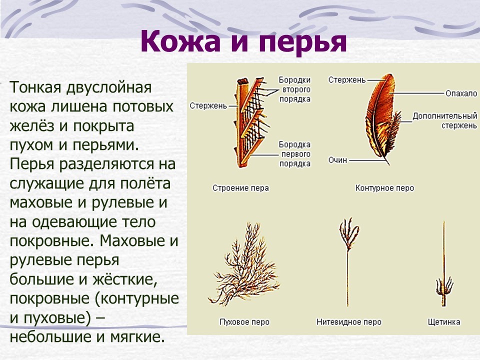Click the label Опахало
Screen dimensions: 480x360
point(461,93)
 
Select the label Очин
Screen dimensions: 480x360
point(337,160)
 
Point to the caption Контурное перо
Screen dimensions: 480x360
point(384,188)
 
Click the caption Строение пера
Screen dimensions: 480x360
point(240,188)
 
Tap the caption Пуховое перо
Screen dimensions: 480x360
point(244,322)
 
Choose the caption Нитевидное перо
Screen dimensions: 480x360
point(349,322)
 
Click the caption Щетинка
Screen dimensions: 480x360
point(444,322)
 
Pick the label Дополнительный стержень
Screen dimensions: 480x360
point(444,120)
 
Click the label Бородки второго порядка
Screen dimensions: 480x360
point(295,89)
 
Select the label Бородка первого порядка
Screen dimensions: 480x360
point(295,154)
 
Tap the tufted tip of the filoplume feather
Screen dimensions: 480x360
point(349,232)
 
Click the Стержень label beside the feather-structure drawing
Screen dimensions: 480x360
point(208,106)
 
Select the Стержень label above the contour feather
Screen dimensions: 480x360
point(347,80)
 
